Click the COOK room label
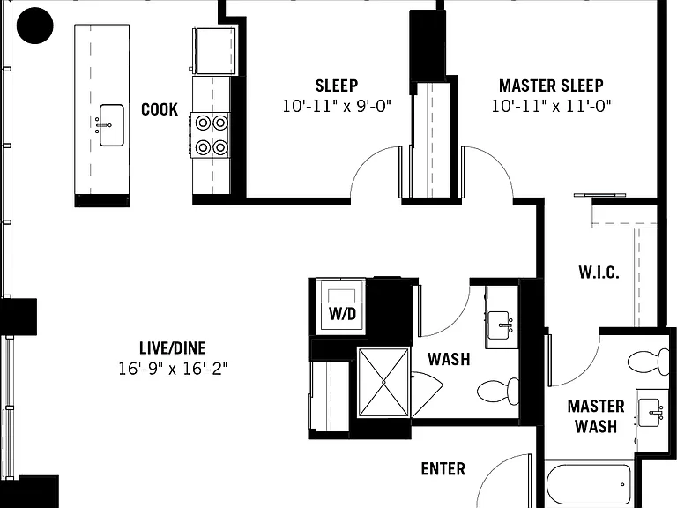160,109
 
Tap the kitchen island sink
111,125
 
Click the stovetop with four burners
212,135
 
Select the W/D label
342,314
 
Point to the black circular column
35,26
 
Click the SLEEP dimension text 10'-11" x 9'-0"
337,106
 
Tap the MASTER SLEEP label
551,86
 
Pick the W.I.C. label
599,273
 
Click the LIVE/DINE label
173,348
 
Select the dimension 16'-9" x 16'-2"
173,369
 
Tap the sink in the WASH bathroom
502,325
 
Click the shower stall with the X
383,382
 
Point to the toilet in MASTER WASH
648,362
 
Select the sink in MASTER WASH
651,414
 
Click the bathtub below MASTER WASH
589,486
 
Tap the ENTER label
443,468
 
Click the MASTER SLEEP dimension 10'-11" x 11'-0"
551,106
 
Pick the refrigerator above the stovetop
215,50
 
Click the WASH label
449,359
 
